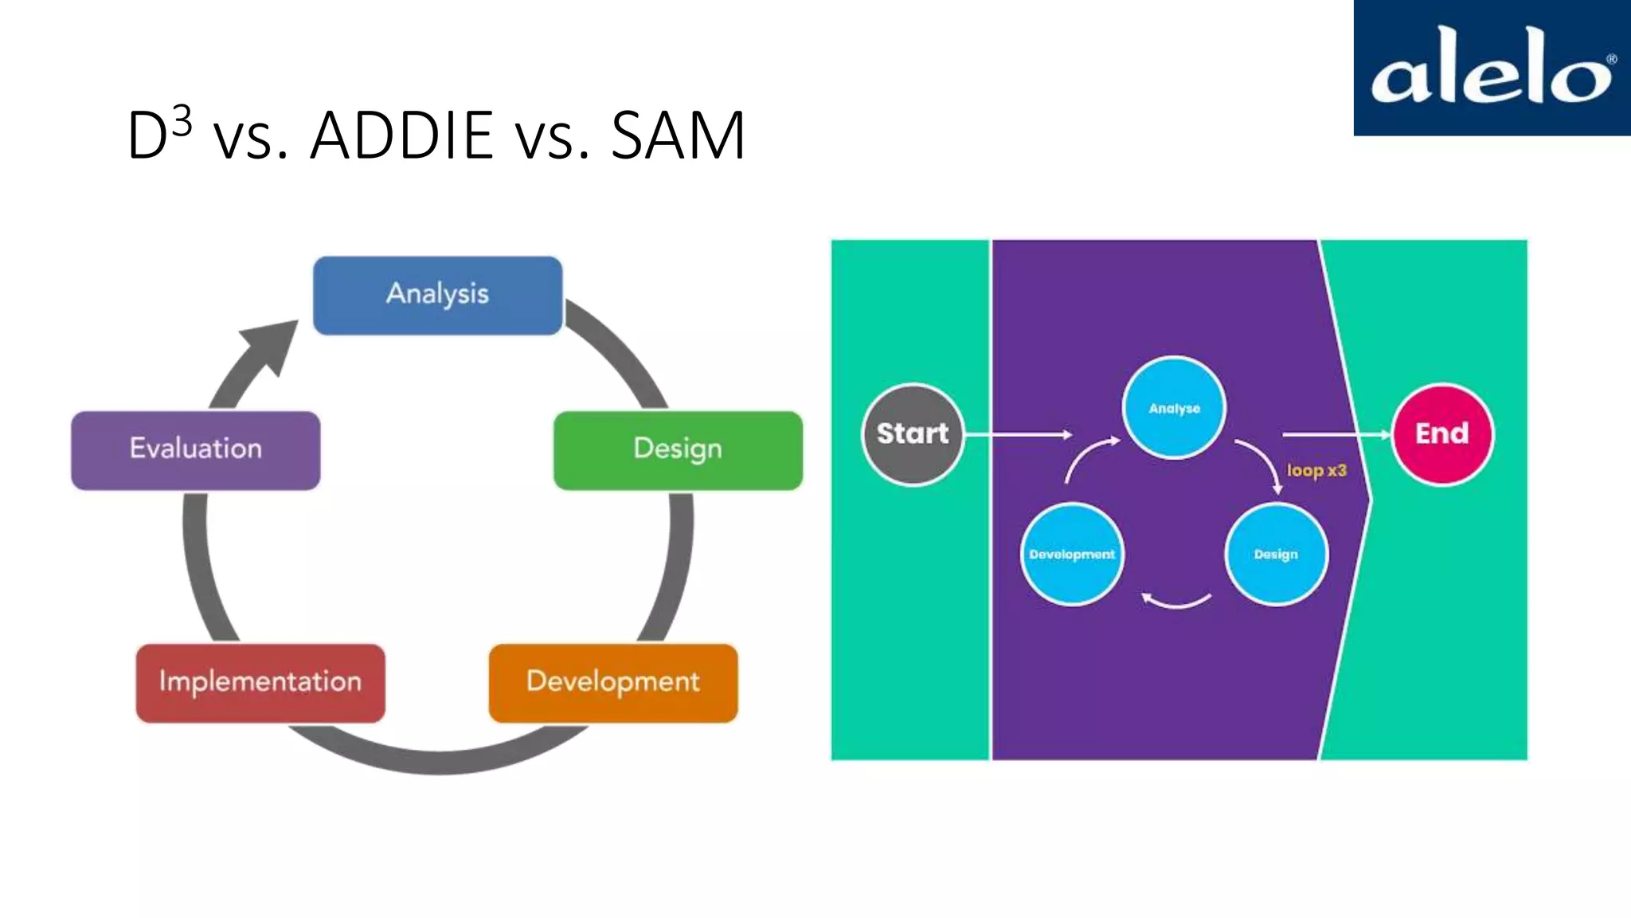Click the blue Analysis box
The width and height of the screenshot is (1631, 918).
[437, 295]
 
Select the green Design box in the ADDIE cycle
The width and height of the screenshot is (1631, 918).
[678, 449]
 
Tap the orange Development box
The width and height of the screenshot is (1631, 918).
[612, 683]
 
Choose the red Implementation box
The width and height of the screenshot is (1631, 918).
[260, 683]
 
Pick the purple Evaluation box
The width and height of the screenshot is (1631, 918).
[196, 449]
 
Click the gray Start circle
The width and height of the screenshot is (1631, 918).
[913, 434]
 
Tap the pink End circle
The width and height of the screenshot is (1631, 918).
[1442, 434]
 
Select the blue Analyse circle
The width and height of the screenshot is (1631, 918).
[1174, 408]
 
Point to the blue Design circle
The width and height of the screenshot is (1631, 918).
[1276, 555]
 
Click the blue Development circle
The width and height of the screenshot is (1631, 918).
[1072, 555]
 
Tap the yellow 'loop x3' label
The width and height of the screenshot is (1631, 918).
[1316, 470]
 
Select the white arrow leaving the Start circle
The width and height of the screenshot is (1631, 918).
[1019, 434]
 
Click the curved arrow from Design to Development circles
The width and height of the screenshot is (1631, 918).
[1176, 603]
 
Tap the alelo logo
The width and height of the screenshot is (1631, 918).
[1492, 68]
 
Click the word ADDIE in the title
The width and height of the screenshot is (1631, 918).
[401, 135]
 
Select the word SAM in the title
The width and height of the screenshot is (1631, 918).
[678, 135]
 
